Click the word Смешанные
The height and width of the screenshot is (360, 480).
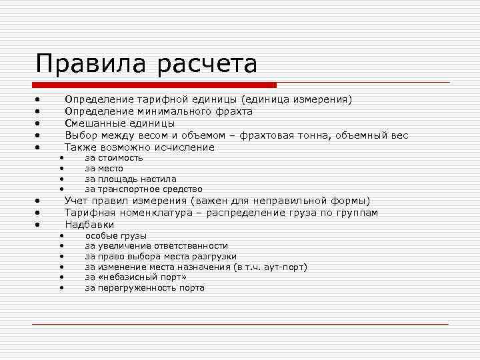pos(91,123)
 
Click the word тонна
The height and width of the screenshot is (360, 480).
pos(331,135)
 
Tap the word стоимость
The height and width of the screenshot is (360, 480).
pos(121,158)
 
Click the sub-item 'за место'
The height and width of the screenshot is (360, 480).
pos(104,169)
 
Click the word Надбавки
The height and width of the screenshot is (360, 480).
pos(89,225)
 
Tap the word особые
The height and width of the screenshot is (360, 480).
pos(99,235)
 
